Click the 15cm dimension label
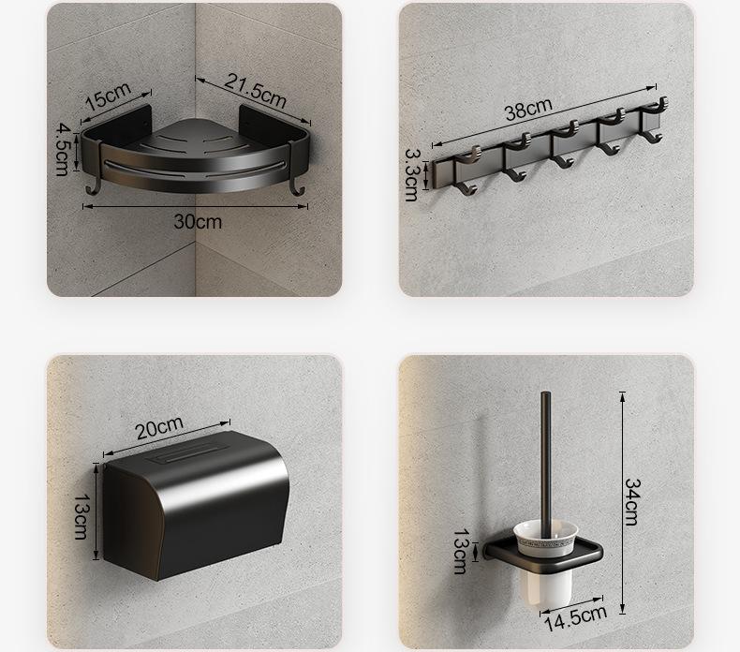tap(108, 96)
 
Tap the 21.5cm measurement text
tap(256, 90)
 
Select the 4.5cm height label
tap(63, 149)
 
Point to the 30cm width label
tap(198, 222)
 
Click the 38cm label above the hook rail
tap(528, 109)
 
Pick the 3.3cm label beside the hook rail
tap(411, 174)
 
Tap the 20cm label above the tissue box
tap(159, 428)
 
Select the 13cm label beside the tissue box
tap(81, 516)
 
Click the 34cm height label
tap(632, 502)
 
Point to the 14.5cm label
tap(575, 617)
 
